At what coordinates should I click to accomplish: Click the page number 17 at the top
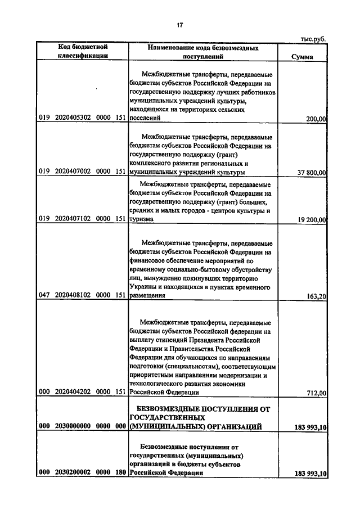180,25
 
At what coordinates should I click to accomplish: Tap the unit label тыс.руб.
313,39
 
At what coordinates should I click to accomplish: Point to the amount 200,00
316,119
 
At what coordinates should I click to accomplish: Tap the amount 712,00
316,393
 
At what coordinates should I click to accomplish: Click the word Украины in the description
143,287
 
